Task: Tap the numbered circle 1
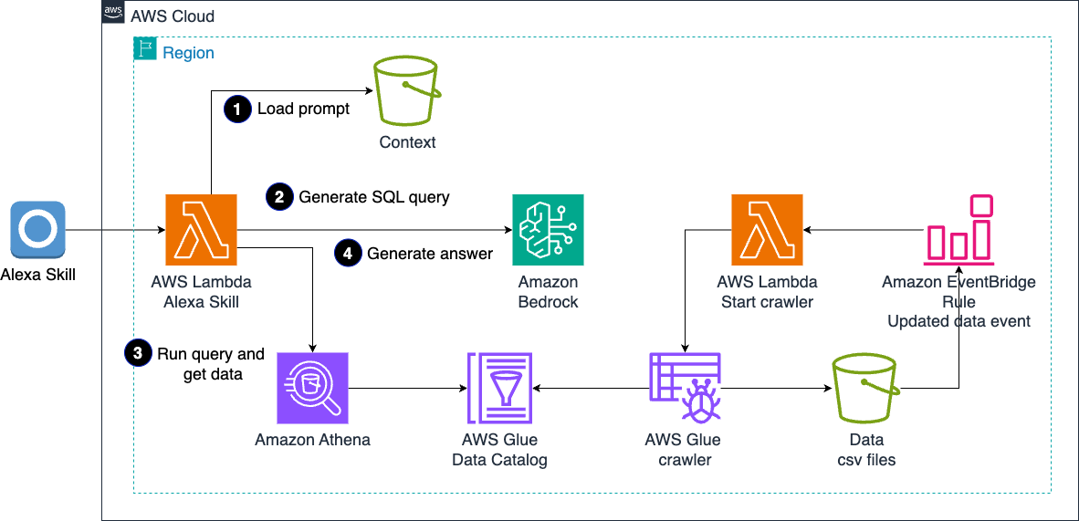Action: [x=237, y=109]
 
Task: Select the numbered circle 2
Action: [x=279, y=196]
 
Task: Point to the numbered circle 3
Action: [x=138, y=353]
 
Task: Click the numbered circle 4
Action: [x=348, y=253]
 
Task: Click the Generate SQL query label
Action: [x=374, y=196]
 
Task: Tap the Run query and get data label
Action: [x=212, y=363]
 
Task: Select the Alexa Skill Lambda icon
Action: [x=202, y=229]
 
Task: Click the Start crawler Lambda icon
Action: [x=767, y=229]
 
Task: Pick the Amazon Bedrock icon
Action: [x=548, y=229]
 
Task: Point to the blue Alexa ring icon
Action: [x=38, y=229]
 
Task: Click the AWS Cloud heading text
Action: [x=173, y=16]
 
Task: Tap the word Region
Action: [x=188, y=53]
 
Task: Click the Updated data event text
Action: [x=959, y=320]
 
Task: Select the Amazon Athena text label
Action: [x=313, y=440]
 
